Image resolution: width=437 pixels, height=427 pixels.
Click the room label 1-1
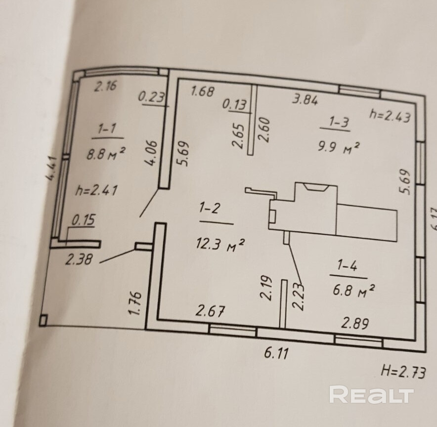[x=107, y=130]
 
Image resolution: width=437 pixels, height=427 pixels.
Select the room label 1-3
[x=339, y=122]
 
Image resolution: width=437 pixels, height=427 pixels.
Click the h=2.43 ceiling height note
[x=390, y=115]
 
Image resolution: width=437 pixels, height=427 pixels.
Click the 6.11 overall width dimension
[x=277, y=354]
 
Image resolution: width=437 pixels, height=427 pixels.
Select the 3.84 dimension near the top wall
[x=305, y=99]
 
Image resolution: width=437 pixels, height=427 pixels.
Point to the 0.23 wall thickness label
[x=151, y=97]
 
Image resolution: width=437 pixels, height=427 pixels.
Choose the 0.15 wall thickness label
[x=83, y=220]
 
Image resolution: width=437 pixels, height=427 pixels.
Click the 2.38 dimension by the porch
[x=79, y=258]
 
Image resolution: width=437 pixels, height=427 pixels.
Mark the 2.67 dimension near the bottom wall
[x=211, y=312]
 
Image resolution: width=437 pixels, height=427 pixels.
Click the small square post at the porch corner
[x=44, y=321]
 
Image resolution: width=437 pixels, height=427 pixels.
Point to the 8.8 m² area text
[x=105, y=153]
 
